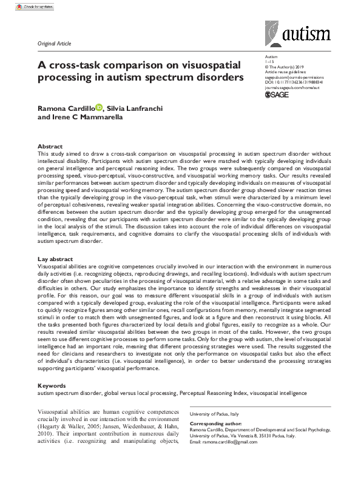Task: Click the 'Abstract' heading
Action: (50, 147)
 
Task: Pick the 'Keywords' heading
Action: (52, 385)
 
